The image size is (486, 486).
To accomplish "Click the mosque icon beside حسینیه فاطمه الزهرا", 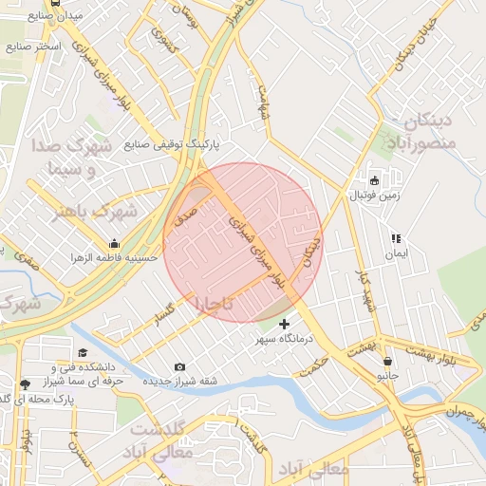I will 114,244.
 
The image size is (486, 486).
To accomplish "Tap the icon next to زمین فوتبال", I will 374,181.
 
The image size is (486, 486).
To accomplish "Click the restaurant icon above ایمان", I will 395,239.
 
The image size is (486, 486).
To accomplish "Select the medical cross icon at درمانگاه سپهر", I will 284,325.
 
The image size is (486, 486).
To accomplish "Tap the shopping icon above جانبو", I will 387,362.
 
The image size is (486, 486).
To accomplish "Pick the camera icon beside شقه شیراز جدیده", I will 180,367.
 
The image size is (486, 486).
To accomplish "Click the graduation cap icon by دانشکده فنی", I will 69,353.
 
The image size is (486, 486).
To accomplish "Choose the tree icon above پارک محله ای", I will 24,384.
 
